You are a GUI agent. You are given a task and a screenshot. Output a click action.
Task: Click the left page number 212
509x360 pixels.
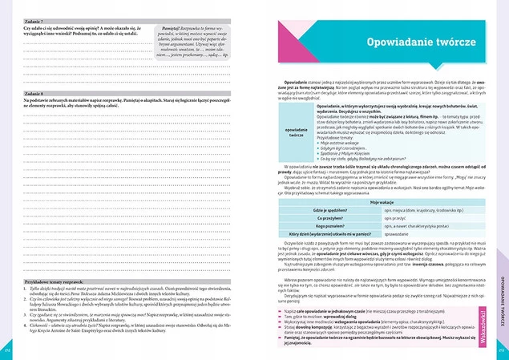(x=7, y=350)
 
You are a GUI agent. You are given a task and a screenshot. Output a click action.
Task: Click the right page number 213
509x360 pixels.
(x=501, y=350)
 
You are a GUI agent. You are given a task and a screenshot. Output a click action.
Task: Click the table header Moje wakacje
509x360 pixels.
(x=379, y=204)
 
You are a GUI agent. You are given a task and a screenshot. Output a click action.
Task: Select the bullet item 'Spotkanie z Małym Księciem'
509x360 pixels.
(x=350, y=152)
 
